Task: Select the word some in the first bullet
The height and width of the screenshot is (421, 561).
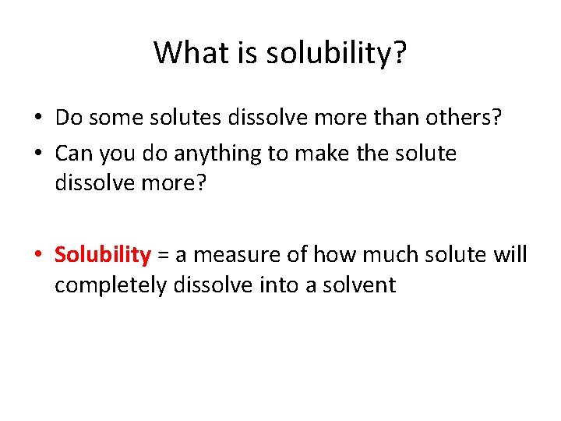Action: (108, 119)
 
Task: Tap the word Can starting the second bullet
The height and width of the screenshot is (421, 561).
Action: (72, 153)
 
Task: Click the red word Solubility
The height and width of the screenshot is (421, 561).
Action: (102, 255)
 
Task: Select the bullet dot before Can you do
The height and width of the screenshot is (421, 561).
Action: (37, 154)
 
